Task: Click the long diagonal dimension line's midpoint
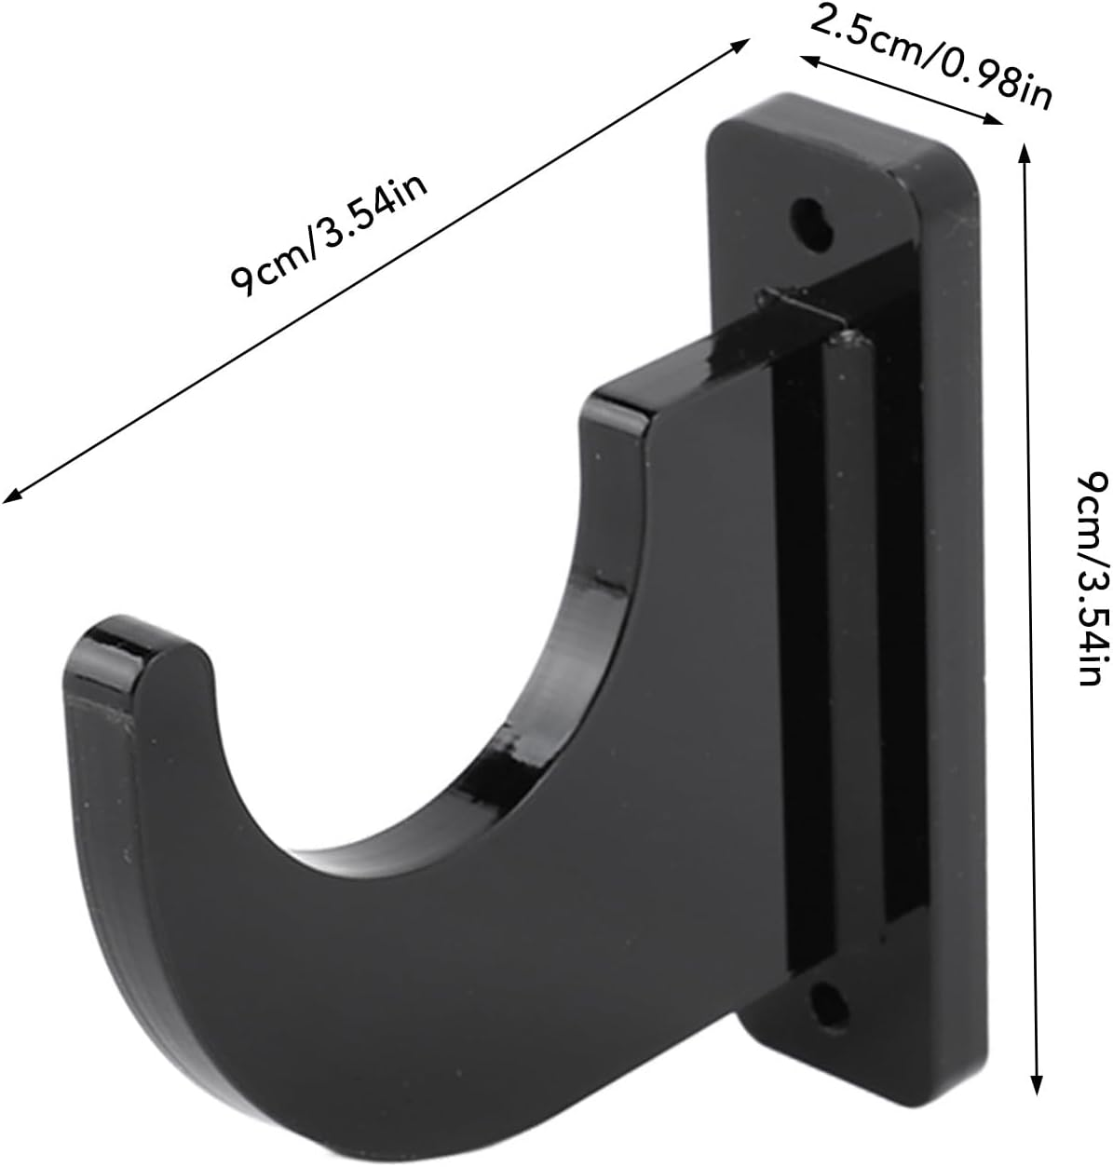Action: (x=376, y=270)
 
